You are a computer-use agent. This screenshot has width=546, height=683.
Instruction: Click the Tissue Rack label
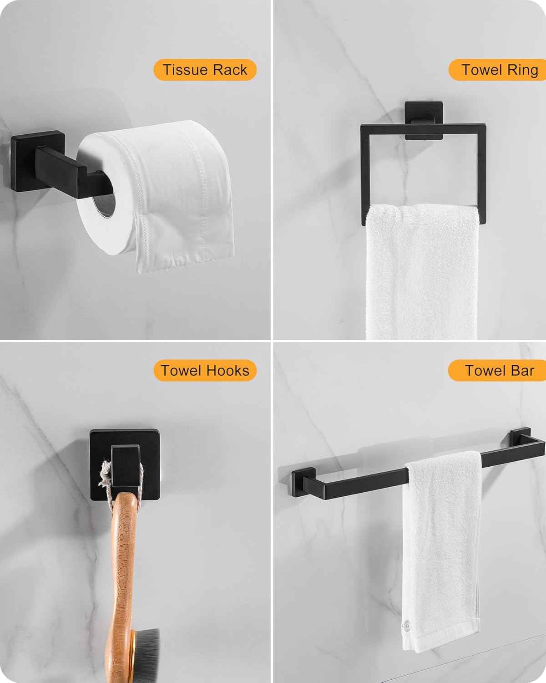click(205, 70)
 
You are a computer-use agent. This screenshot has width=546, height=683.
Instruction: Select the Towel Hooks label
click(205, 370)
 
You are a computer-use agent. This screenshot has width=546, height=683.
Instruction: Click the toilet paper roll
click(156, 194)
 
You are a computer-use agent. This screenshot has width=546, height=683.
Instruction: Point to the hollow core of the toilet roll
click(104, 206)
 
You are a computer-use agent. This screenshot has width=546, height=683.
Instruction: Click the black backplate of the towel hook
click(125, 465)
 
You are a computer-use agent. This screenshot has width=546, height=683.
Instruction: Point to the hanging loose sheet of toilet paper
click(186, 241)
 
